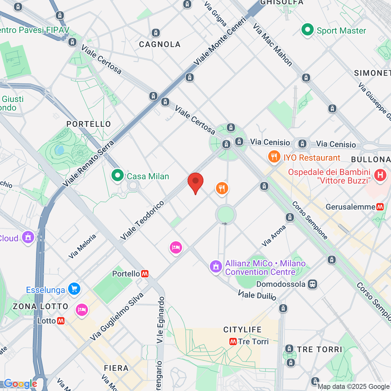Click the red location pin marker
tap(195, 181)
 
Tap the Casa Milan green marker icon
tap(117, 175)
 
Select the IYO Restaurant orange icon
tap(274, 157)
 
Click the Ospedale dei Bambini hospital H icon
tap(380, 175)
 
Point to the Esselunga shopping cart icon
tap(74, 289)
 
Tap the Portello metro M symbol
tap(145, 274)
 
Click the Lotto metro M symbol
tap(61, 321)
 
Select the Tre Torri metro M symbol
tap(233, 341)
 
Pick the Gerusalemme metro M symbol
tap(380, 207)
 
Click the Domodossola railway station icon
tap(312, 284)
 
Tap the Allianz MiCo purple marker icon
tap(215, 267)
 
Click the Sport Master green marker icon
tap(307, 30)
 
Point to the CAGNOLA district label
tap(160, 44)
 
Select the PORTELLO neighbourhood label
tap(89, 124)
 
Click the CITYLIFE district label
tap(242, 330)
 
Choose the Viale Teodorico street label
tap(142, 221)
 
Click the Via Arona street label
tap(274, 236)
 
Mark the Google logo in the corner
tap(21, 384)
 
